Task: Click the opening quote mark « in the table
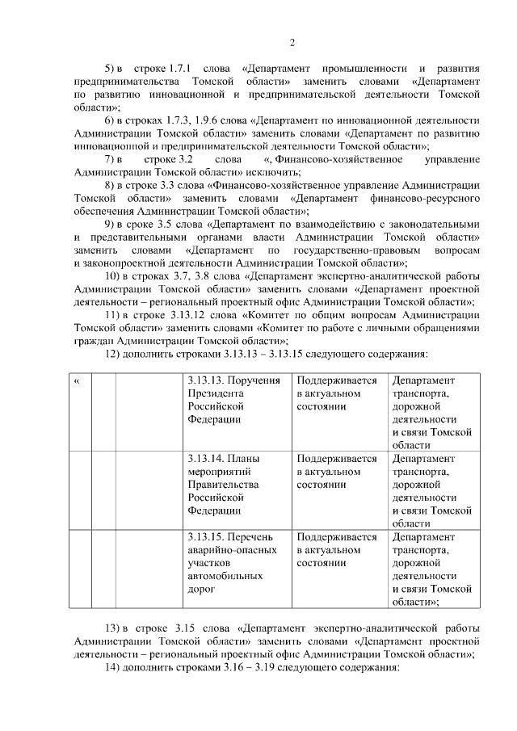click(x=76, y=380)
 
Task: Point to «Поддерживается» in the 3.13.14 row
click(x=336, y=459)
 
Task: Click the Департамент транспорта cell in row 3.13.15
click(x=432, y=569)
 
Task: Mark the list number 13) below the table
click(x=114, y=628)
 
